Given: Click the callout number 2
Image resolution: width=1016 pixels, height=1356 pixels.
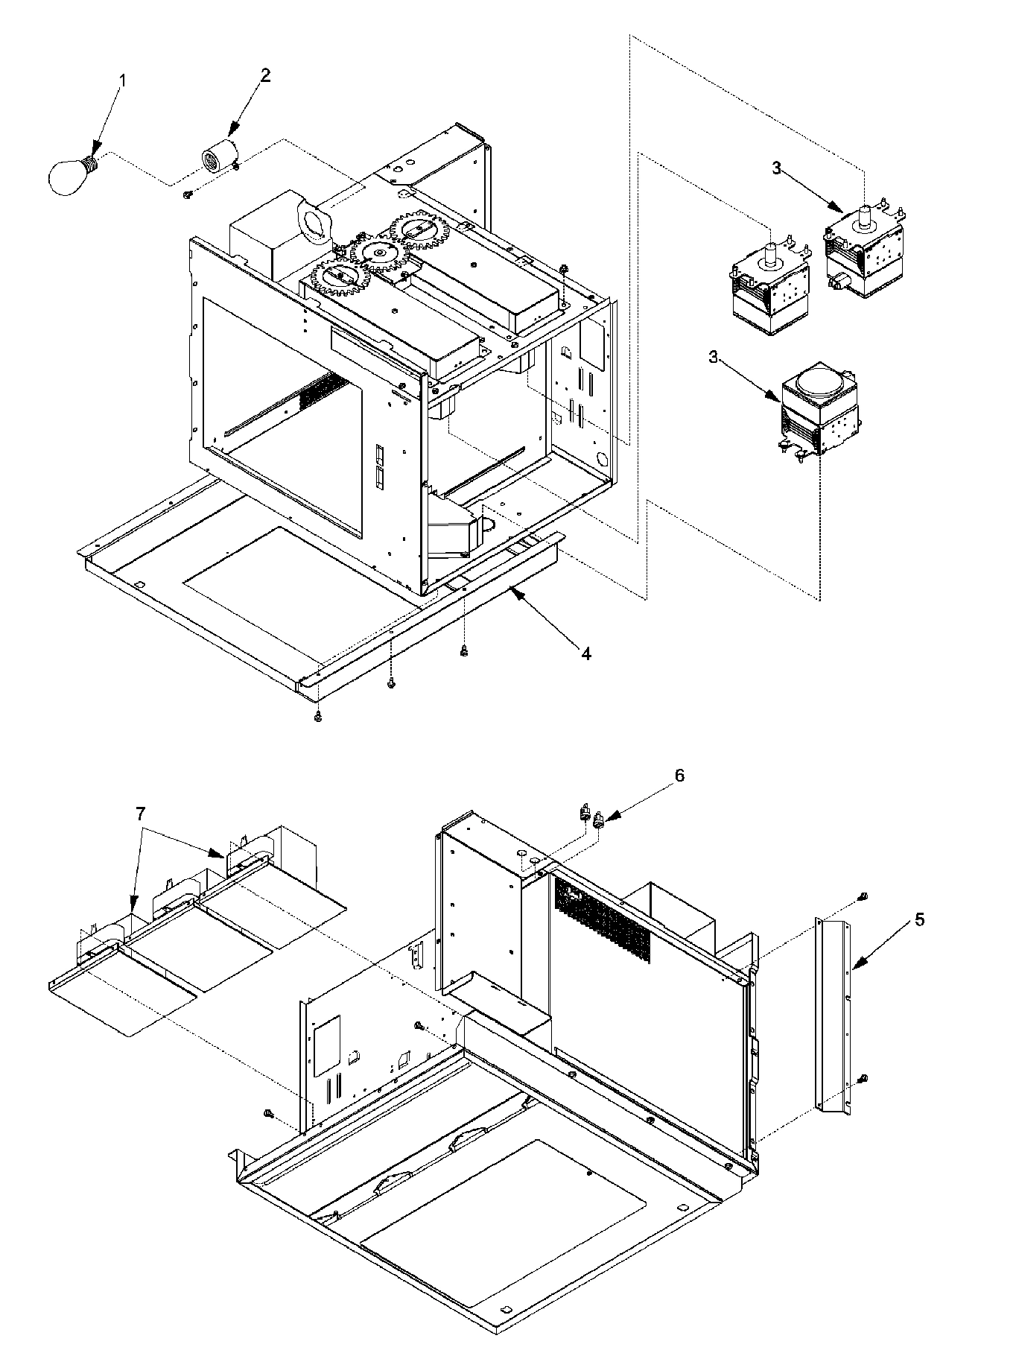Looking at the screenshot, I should [x=265, y=75].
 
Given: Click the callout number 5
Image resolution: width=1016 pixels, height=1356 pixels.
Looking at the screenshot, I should [x=920, y=919].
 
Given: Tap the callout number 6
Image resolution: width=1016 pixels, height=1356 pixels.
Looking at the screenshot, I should [x=679, y=775].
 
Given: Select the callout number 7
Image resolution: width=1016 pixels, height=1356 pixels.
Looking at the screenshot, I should [x=141, y=814].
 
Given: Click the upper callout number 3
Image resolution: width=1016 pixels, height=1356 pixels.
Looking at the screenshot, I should [x=776, y=169].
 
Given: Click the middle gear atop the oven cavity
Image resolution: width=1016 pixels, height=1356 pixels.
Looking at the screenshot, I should [x=381, y=253].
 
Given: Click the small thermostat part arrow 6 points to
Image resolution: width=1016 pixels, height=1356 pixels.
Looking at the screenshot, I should [x=598, y=821].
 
